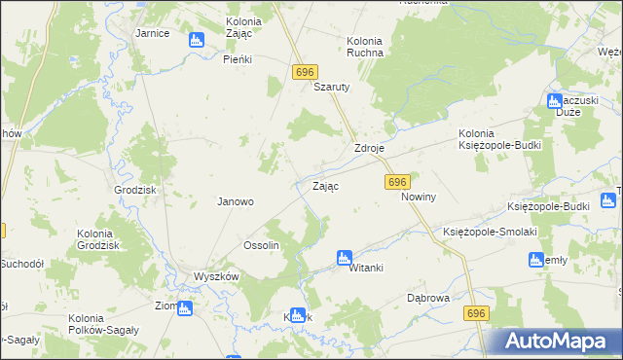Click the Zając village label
(x=325, y=185)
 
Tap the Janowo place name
(x=235, y=202)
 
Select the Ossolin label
(x=261, y=246)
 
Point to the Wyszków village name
(x=216, y=276)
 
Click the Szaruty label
(x=331, y=86)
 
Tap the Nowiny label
(x=418, y=197)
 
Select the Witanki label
(x=368, y=269)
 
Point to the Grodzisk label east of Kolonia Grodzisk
(x=135, y=191)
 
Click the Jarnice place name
(x=153, y=33)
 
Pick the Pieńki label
(x=238, y=59)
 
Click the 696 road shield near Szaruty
(x=305, y=73)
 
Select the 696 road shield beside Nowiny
(x=397, y=182)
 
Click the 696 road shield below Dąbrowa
(x=476, y=312)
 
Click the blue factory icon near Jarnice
(x=196, y=40)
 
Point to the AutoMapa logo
(x=557, y=342)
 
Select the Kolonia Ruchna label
(x=365, y=47)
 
